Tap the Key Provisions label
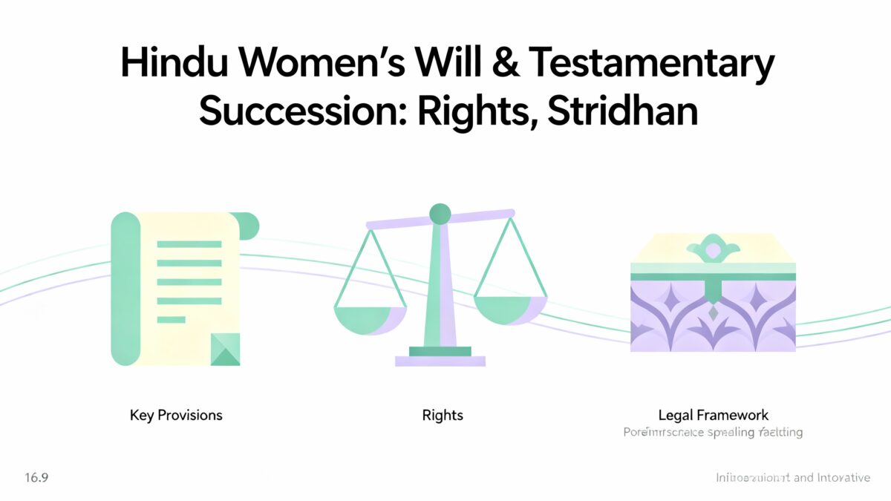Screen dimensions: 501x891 coord(176,415)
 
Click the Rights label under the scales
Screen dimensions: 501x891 coord(443,415)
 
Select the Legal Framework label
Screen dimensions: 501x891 coord(713,415)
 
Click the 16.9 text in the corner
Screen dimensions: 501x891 coord(36,477)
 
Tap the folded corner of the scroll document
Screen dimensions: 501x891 coord(226,349)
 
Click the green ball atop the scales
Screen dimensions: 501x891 coord(440,214)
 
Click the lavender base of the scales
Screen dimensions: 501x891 coord(440,361)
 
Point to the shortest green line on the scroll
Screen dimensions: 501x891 coord(171,320)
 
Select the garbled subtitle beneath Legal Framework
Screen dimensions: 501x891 coord(713,432)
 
